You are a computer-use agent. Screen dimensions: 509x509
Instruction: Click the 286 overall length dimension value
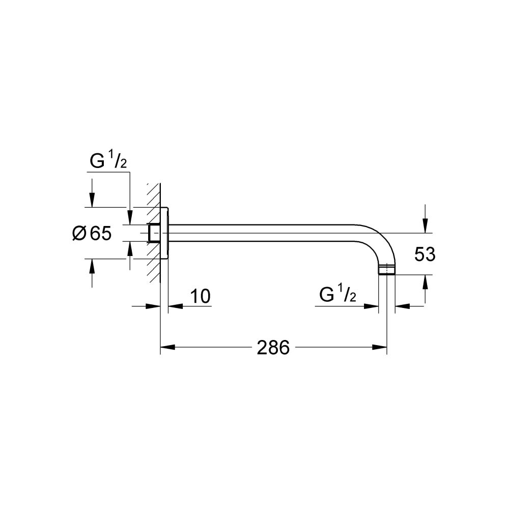[273, 348]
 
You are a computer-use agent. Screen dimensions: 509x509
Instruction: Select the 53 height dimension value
[425, 254]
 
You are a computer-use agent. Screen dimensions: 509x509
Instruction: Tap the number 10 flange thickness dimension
[201, 297]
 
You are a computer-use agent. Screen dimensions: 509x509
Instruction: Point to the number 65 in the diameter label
[100, 234]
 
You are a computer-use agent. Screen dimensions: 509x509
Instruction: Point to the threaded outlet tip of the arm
[387, 269]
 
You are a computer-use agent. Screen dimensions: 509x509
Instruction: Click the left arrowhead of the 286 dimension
[167, 348]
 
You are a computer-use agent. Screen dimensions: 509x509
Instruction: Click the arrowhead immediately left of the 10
[154, 306]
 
